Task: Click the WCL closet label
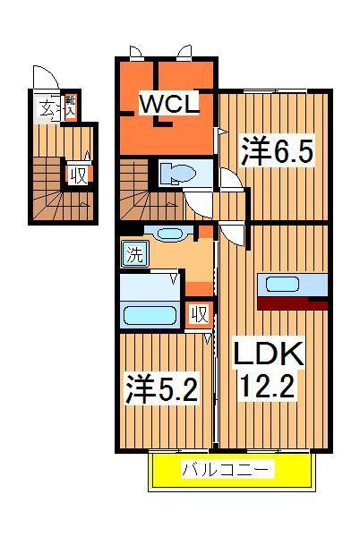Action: point(167,105)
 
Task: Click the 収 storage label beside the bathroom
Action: point(199,314)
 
